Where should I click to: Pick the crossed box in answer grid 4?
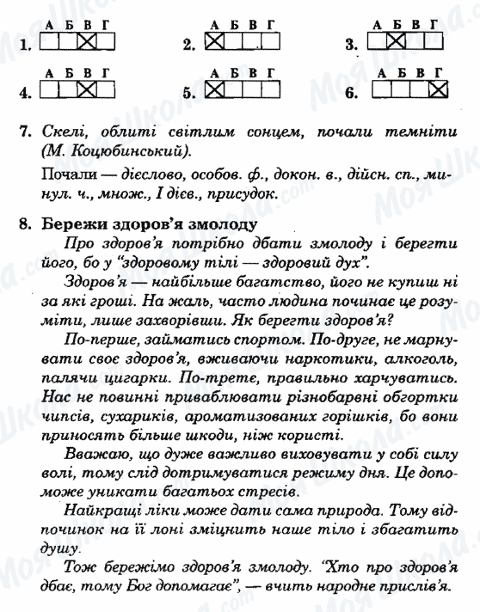(85, 89)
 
